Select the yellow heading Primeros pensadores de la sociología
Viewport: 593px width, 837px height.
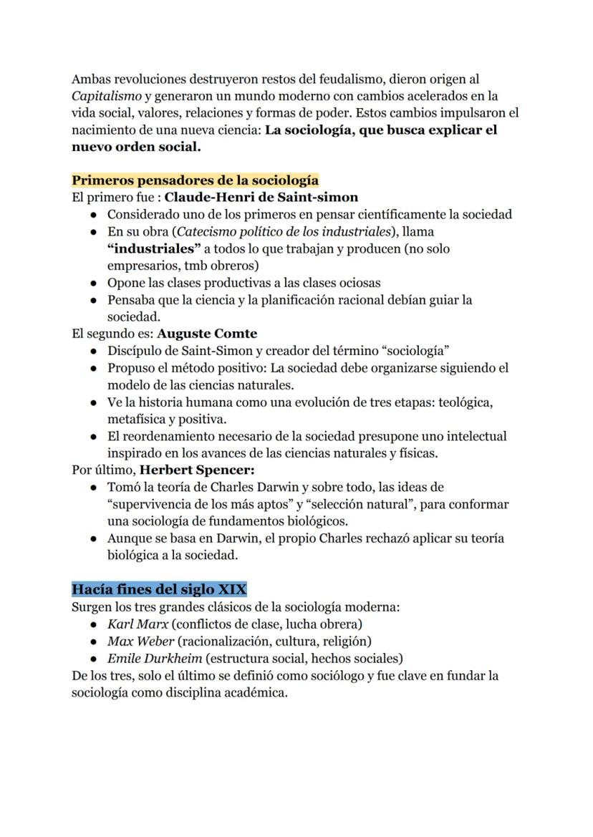[195, 180]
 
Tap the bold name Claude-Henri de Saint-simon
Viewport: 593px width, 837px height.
[261, 197]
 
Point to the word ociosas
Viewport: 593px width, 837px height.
[352, 283]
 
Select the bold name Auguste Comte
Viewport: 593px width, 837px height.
[207, 334]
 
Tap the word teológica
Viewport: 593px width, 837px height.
[461, 402]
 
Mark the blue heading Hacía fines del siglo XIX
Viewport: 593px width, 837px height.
[159, 589]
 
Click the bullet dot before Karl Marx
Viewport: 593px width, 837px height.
[94, 624]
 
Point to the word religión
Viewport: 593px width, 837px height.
[346, 641]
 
